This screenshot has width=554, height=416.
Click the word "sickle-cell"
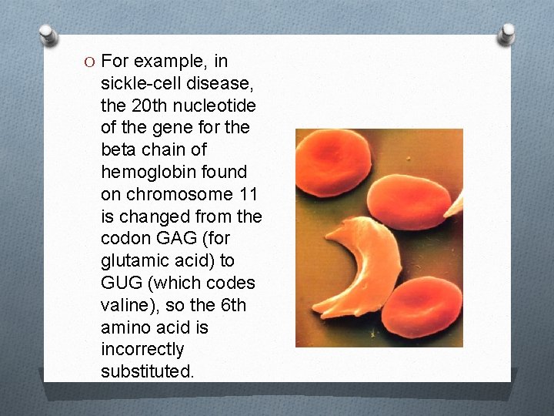click(x=139, y=83)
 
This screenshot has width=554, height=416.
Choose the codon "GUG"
click(x=122, y=283)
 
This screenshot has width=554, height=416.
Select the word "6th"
click(x=229, y=306)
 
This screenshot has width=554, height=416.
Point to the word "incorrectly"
click(x=142, y=350)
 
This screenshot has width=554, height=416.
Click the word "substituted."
click(x=147, y=372)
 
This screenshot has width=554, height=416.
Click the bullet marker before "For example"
click(x=90, y=62)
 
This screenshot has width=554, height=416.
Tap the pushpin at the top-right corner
click(x=506, y=33)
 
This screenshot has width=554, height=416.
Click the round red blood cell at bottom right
click(x=421, y=311)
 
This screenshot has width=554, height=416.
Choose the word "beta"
click(x=120, y=149)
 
